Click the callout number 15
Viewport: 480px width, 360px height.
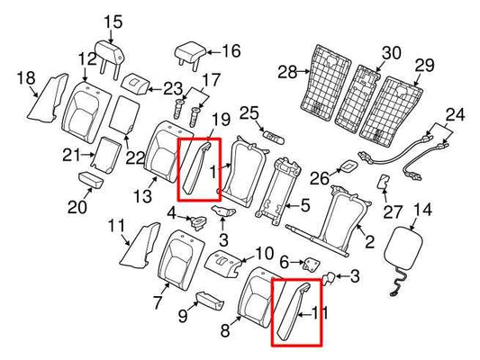tap(113, 22)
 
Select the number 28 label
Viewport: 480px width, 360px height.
tap(286, 70)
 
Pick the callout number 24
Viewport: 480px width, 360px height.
tap(457, 114)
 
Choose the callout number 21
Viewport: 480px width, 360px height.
tap(71, 157)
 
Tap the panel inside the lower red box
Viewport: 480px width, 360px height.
tap(294, 309)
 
